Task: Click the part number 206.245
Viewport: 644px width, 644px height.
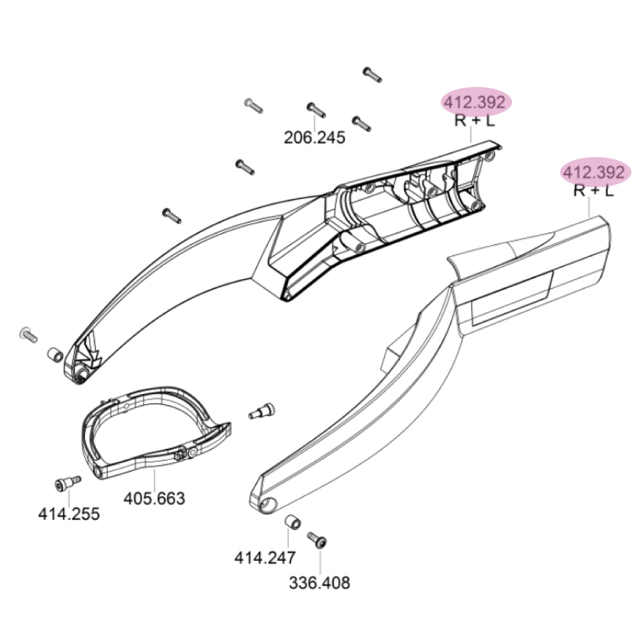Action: pyautogui.click(x=315, y=138)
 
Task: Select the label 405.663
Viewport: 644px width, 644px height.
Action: pyautogui.click(x=155, y=498)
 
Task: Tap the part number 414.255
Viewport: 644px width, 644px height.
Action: pyautogui.click(x=69, y=514)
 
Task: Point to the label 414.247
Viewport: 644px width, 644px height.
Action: pyautogui.click(x=265, y=558)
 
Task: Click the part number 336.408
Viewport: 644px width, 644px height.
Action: pyautogui.click(x=319, y=583)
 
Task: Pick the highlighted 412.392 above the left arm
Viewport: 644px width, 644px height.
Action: pyautogui.click(x=475, y=102)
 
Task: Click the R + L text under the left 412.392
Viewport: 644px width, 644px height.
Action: pyautogui.click(x=475, y=121)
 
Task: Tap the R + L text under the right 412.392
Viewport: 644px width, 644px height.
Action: pyautogui.click(x=594, y=191)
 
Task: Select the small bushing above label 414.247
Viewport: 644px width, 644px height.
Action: pyautogui.click(x=293, y=522)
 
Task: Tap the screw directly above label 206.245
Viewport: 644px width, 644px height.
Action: pyautogui.click(x=316, y=110)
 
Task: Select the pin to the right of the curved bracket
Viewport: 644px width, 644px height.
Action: pyautogui.click(x=262, y=411)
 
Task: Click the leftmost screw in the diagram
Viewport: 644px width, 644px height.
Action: pyautogui.click(x=29, y=335)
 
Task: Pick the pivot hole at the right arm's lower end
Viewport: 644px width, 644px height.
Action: pyautogui.click(x=268, y=504)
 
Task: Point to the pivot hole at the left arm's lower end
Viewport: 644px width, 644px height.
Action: pyautogui.click(x=82, y=374)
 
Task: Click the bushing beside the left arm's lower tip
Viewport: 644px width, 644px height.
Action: pyautogui.click(x=55, y=354)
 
